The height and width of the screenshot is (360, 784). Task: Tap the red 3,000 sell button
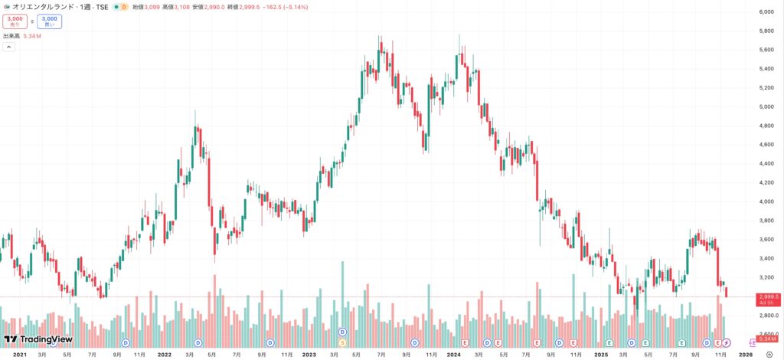(x=15, y=21)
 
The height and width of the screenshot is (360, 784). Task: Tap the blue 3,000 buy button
(x=49, y=21)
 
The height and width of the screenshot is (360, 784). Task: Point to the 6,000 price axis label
(x=766, y=12)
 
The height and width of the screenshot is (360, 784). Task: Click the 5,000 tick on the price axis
(x=766, y=107)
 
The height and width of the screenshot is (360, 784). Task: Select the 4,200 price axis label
(x=766, y=183)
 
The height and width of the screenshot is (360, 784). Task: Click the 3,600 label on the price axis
(x=766, y=240)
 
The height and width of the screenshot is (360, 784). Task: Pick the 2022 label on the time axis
(x=164, y=355)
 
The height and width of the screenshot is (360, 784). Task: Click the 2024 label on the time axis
(x=453, y=355)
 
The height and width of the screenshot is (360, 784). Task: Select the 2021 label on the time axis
(x=20, y=355)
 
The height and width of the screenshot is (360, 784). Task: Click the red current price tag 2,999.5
(x=768, y=296)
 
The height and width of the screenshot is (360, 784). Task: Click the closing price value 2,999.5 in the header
(x=247, y=7)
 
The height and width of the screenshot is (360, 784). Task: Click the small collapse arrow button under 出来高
(x=8, y=47)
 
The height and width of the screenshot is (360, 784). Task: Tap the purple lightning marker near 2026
(x=727, y=342)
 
